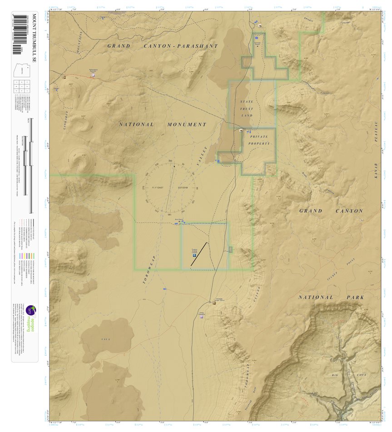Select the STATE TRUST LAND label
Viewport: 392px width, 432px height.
point(247,109)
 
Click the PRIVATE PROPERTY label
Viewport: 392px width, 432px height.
point(259,140)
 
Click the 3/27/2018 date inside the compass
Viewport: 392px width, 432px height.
point(184,187)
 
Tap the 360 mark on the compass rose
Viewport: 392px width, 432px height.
point(170,161)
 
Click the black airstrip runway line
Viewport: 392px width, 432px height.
point(199,254)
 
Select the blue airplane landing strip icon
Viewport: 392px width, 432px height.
point(194,256)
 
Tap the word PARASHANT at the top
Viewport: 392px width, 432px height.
point(198,46)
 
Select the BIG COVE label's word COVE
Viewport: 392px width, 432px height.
point(349,375)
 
